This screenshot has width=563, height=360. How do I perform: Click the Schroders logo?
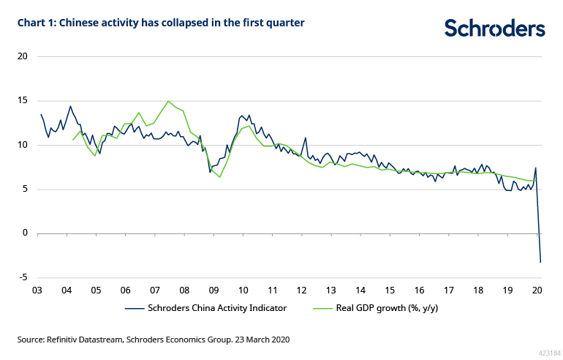(495, 29)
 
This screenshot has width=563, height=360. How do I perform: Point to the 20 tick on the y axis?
(22, 56)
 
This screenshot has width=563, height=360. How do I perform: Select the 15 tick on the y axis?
(22, 101)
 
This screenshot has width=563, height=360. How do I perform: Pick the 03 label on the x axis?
(36, 289)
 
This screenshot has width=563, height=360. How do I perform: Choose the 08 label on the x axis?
(184, 289)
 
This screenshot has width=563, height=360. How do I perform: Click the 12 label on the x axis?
(301, 289)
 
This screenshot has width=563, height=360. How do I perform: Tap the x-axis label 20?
(537, 289)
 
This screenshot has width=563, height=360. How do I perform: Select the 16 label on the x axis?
(419, 289)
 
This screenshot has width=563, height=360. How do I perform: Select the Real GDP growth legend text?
(387, 308)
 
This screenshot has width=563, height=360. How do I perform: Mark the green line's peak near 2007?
(169, 101)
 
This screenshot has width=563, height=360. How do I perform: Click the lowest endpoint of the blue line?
(540, 262)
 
